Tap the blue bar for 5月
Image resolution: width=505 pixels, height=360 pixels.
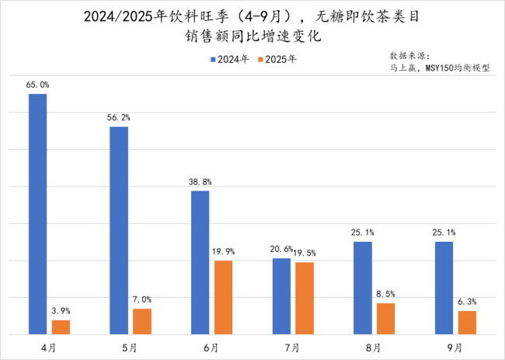click(x=119, y=230)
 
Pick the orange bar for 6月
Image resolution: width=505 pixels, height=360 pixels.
click(x=223, y=297)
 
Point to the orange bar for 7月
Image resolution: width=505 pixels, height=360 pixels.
click(x=304, y=298)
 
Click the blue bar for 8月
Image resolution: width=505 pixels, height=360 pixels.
click(x=363, y=288)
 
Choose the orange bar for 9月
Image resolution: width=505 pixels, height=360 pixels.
click(x=467, y=322)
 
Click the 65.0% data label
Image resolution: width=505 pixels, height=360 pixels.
click(x=37, y=84)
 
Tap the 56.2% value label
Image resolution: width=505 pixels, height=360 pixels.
click(x=119, y=117)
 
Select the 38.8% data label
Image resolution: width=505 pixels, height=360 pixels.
click(x=200, y=181)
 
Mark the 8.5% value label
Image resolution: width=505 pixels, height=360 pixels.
click(x=385, y=294)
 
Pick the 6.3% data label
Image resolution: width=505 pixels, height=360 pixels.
click(x=467, y=302)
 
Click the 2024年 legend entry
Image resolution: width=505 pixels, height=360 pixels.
click(x=230, y=58)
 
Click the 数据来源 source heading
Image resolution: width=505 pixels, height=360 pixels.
click(x=409, y=56)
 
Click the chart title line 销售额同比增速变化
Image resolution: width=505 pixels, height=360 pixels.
click(x=253, y=36)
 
